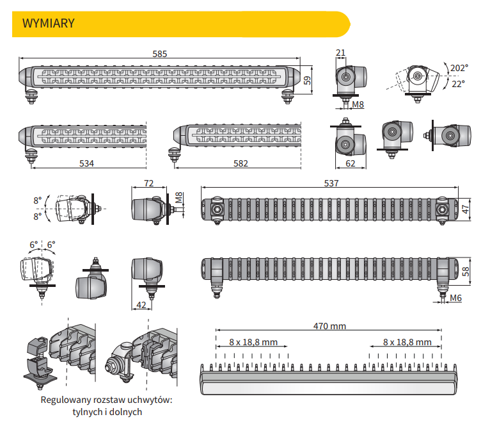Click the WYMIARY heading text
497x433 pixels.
click(49, 24)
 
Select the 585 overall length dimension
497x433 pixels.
click(160, 54)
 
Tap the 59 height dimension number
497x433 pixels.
click(306, 80)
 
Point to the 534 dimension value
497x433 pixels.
click(86, 163)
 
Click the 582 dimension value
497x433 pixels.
click(241, 163)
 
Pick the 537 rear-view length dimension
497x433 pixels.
click(331, 183)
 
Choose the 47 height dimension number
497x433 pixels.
click(466, 208)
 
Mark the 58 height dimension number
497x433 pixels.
click(466, 271)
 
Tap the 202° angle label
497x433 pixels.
click(459, 68)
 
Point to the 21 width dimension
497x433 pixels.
click(340, 52)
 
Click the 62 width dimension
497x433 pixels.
click(350, 163)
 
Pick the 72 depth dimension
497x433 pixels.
click(149, 183)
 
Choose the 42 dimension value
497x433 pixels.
click(141, 305)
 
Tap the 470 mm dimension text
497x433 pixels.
click(329, 326)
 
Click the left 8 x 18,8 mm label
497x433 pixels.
click(253, 341)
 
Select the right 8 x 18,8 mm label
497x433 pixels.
click(407, 341)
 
